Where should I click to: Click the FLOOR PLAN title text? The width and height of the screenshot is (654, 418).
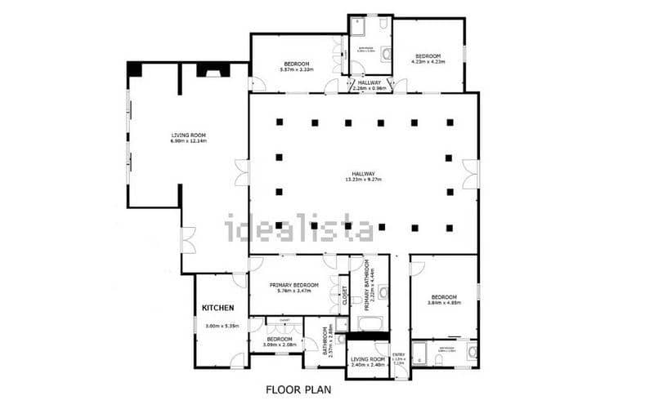pyautogui.click(x=298, y=390)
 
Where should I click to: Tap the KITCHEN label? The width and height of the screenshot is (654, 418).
pyautogui.click(x=218, y=308)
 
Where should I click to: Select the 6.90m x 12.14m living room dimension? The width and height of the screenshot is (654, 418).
pyautogui.click(x=188, y=141)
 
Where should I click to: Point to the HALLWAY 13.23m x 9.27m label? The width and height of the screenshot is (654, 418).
pyautogui.click(x=364, y=176)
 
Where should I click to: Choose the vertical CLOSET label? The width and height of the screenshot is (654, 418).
pyautogui.click(x=344, y=295)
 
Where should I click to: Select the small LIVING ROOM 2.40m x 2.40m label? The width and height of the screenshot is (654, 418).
pyautogui.click(x=368, y=362)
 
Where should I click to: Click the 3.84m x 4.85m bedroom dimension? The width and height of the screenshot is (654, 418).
pyautogui.click(x=444, y=303)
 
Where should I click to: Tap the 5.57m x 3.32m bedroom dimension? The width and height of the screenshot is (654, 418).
pyautogui.click(x=297, y=69)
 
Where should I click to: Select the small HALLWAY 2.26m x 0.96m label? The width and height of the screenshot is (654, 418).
pyautogui.click(x=369, y=86)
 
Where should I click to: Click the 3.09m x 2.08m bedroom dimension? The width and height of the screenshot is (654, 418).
pyautogui.click(x=279, y=344)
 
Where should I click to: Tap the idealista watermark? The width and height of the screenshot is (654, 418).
pyautogui.click(x=299, y=228)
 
